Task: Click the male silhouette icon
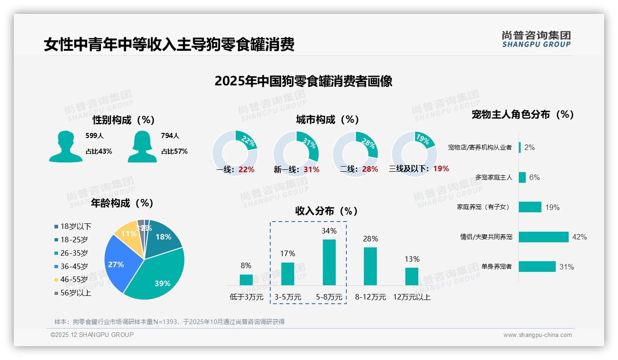tap(65, 146)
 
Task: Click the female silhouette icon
tap(142, 146)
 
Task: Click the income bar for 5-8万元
tap(329, 262)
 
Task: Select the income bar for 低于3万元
tap(246, 280)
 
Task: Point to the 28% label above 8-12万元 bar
tap(370, 239)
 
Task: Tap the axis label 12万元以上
tap(411, 297)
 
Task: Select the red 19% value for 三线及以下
tap(441, 169)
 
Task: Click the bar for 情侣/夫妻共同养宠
tap(543, 237)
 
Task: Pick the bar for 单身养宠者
tap(537, 267)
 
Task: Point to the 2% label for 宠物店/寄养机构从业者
tap(529, 147)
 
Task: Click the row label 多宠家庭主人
tap(493, 177)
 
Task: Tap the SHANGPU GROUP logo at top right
tap(536, 39)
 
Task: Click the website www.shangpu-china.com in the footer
tap(537, 335)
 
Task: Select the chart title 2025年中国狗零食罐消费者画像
tap(303, 81)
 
